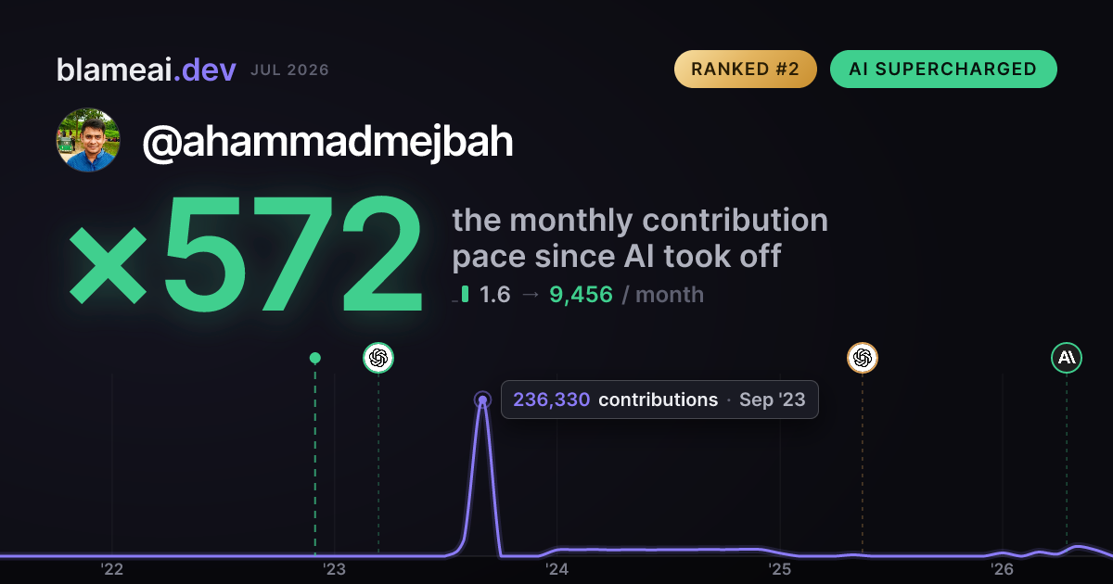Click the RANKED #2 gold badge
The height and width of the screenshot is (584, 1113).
(x=746, y=69)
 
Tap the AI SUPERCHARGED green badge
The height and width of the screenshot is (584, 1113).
(x=943, y=69)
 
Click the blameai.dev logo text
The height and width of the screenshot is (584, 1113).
(x=147, y=70)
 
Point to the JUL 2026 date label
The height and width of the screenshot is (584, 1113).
(x=289, y=70)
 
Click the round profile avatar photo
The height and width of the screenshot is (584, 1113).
(x=88, y=140)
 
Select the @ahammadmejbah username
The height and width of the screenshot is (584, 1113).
(x=328, y=142)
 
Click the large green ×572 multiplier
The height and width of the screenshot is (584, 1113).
(x=246, y=253)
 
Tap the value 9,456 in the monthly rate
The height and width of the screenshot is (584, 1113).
(x=581, y=295)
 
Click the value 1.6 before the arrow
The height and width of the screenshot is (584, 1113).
(x=495, y=295)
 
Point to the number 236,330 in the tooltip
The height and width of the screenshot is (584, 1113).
(x=552, y=400)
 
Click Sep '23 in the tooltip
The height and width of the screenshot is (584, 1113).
(x=772, y=400)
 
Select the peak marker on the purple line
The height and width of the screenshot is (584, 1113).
(x=482, y=400)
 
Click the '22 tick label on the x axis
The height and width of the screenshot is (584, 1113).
(x=112, y=569)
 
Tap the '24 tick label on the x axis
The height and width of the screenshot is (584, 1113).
(x=556, y=569)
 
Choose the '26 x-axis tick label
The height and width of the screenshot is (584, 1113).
(x=1002, y=569)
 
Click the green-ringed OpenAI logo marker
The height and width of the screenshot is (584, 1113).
(x=378, y=358)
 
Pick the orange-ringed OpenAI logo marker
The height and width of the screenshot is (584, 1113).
(x=863, y=358)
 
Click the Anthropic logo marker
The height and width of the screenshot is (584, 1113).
(x=1067, y=358)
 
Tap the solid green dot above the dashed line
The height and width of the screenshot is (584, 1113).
(x=315, y=358)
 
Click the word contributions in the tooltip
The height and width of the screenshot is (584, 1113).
(x=659, y=400)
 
